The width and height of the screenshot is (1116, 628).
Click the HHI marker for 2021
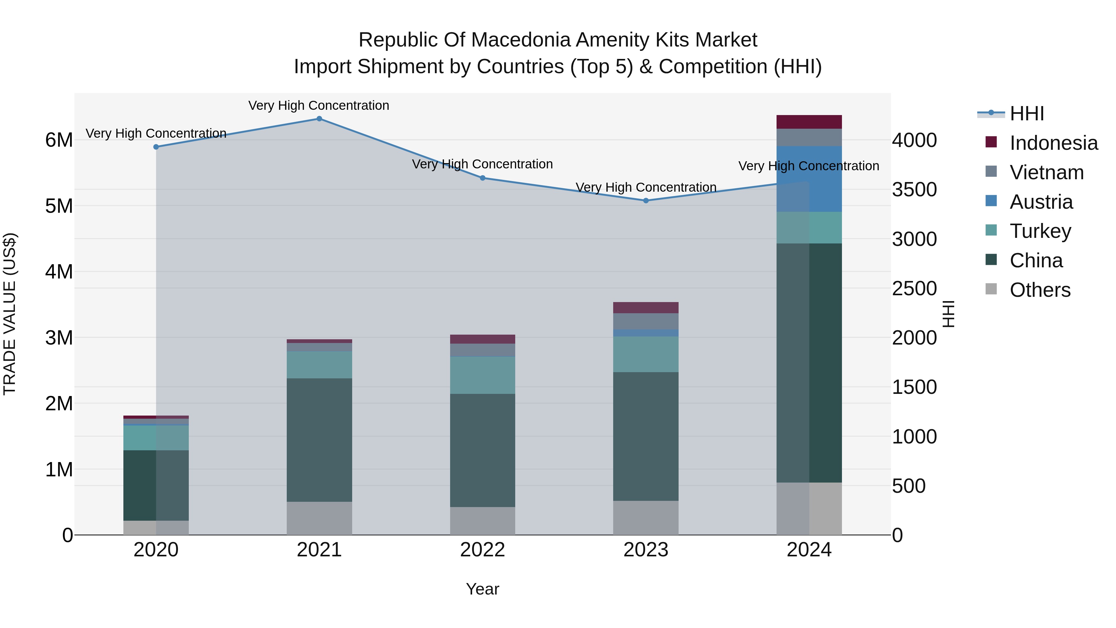click(x=319, y=119)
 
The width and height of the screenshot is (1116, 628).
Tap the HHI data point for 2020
click(x=156, y=147)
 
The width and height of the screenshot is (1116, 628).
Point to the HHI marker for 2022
click(x=483, y=178)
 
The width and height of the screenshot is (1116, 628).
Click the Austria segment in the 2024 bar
click(x=809, y=179)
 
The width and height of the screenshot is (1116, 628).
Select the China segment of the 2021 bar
click(x=319, y=440)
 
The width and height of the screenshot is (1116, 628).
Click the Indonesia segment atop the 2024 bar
click(x=809, y=122)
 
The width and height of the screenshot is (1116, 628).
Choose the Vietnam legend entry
click(x=1046, y=172)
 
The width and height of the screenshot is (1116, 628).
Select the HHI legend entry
click(x=1026, y=114)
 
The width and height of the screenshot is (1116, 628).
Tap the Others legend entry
click(x=1040, y=290)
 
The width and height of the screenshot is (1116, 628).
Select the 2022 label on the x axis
click(x=483, y=550)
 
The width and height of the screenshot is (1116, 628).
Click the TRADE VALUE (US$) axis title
click(x=10, y=314)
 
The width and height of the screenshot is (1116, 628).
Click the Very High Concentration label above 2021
click(x=319, y=105)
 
